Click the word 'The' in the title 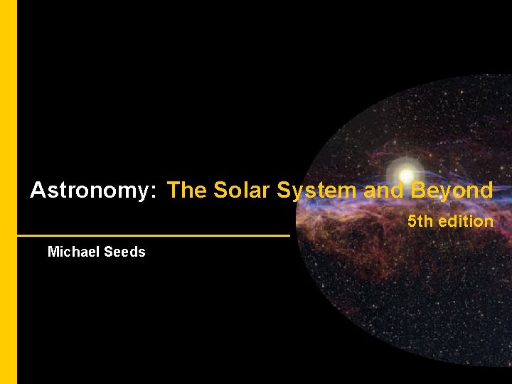click(186, 191)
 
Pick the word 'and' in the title click(382, 191)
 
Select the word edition click(466, 221)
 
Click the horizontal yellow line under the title click(153, 235)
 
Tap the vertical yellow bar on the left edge click(8, 192)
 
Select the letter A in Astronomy click(38, 191)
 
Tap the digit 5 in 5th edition click(412, 221)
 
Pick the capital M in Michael click(53, 252)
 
